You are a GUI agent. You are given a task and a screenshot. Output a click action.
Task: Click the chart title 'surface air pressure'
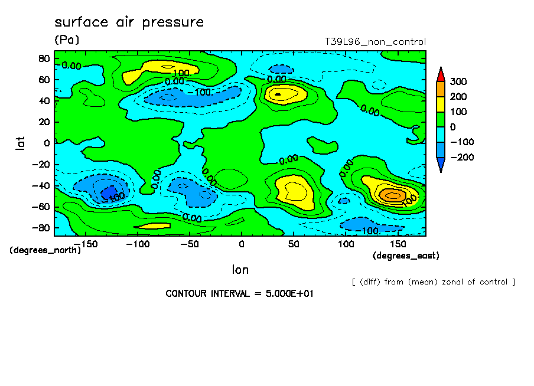(x=129, y=22)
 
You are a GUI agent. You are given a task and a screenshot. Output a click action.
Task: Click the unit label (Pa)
(x=66, y=40)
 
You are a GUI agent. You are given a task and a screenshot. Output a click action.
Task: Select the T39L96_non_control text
(x=375, y=42)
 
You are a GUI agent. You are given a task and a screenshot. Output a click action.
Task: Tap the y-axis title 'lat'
(x=20, y=142)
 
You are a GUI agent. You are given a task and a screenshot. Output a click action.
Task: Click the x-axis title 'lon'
(x=240, y=270)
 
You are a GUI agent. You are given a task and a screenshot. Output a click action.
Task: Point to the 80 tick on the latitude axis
(x=44, y=58)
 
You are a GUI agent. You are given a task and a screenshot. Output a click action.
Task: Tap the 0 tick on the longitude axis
(x=241, y=244)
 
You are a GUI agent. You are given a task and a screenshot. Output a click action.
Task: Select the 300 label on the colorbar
(x=459, y=81)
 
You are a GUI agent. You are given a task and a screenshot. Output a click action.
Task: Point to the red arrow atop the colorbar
(x=441, y=74)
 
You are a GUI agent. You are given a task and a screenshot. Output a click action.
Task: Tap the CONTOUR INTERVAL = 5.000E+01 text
(x=239, y=293)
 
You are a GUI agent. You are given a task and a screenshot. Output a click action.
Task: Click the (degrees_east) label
(x=406, y=256)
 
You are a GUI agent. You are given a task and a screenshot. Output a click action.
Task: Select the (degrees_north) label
(x=45, y=250)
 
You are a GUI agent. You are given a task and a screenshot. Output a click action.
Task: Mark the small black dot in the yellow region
(x=278, y=94)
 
